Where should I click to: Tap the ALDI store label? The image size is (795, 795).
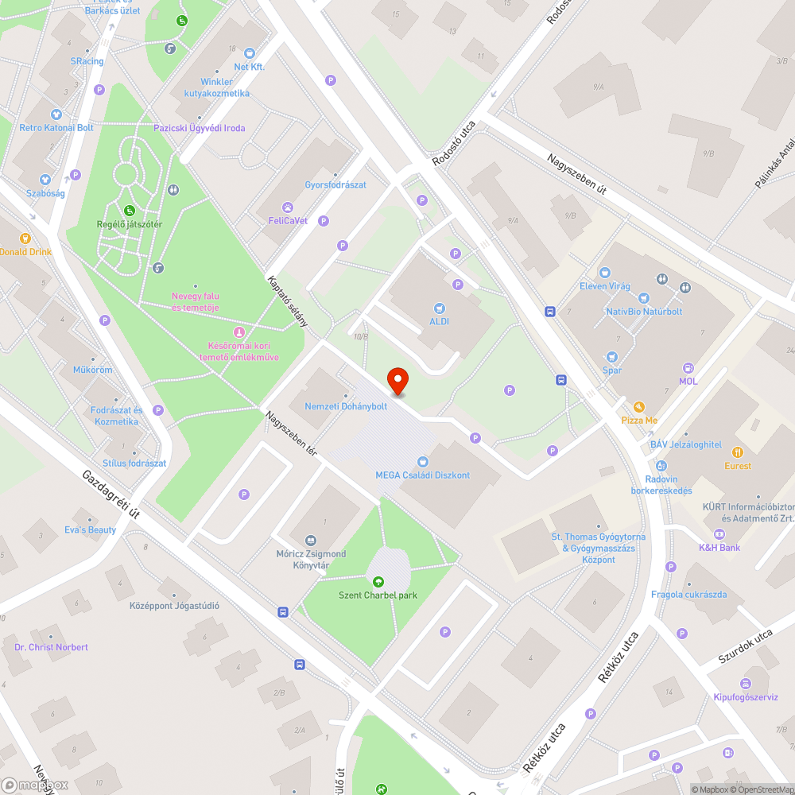coord(440,321)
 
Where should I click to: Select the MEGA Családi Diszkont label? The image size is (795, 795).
coord(422,475)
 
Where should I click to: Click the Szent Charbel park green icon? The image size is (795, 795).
coord(377,581)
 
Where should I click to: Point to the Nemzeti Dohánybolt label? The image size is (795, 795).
coord(346,406)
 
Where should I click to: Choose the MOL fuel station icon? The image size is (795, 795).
coord(688,368)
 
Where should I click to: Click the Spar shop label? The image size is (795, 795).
coord(612,370)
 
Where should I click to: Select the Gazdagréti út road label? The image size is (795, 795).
coord(111,494)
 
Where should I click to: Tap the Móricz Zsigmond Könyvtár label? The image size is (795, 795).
coord(310,560)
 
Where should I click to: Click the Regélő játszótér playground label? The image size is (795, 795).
coord(129,224)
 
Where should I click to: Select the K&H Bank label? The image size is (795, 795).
coord(719,548)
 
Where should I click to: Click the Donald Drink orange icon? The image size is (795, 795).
coord(25,238)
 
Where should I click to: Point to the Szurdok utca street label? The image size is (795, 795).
coord(745,647)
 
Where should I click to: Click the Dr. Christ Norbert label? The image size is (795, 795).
coord(51,647)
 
